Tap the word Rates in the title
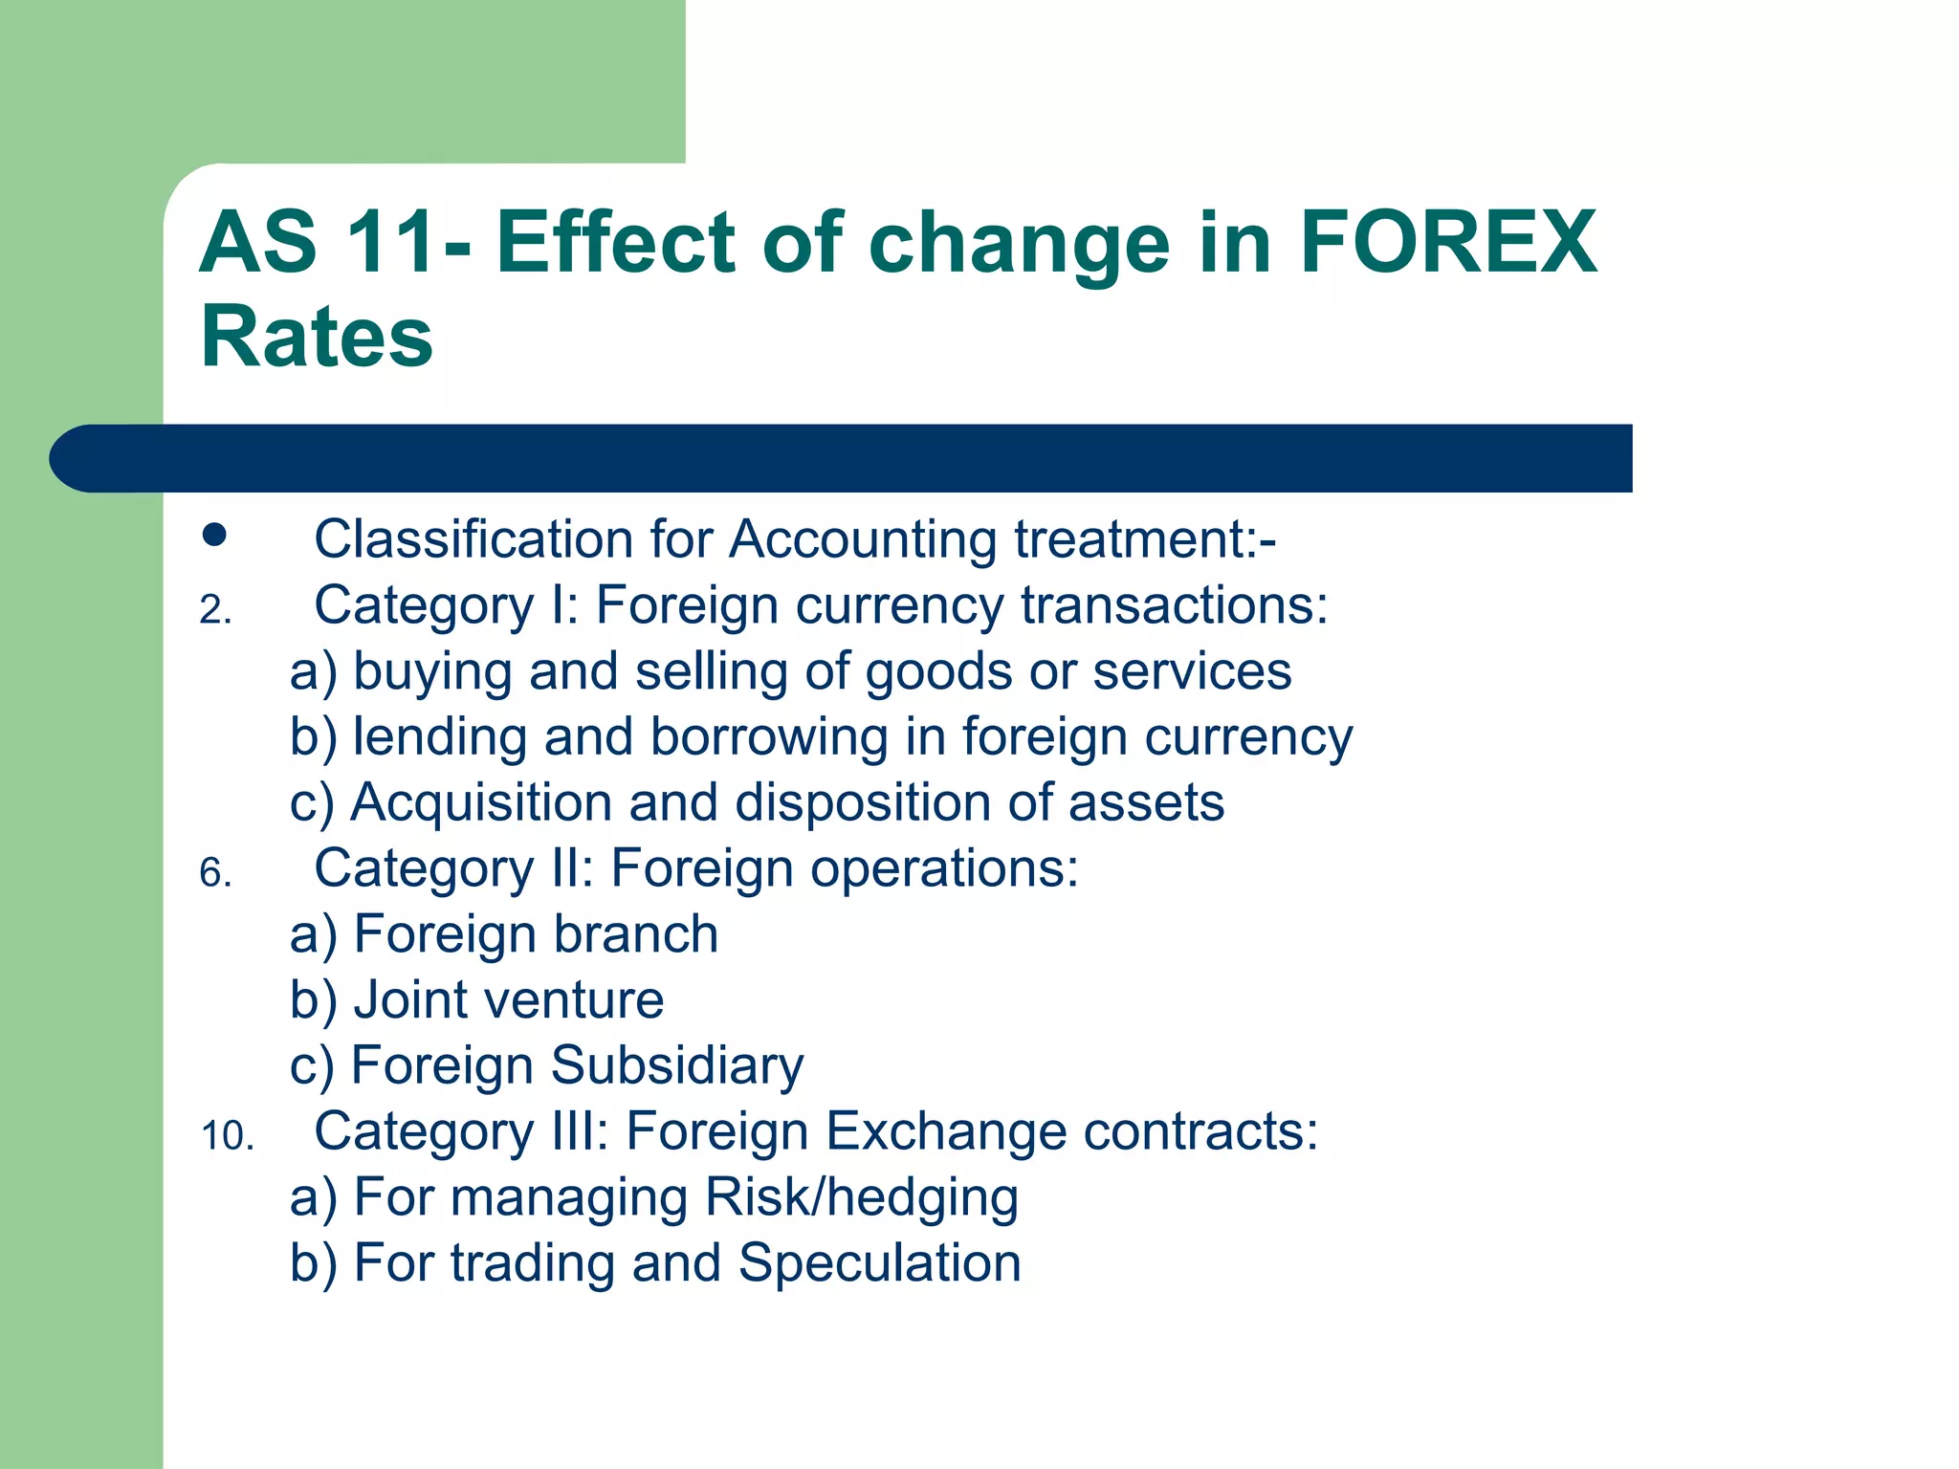point(317,337)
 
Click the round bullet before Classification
point(214,535)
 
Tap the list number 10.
point(227,1136)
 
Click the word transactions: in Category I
point(1175,606)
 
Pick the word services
point(1192,671)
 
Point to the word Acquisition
point(481,803)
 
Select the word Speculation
point(880,1263)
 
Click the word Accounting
point(863,539)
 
